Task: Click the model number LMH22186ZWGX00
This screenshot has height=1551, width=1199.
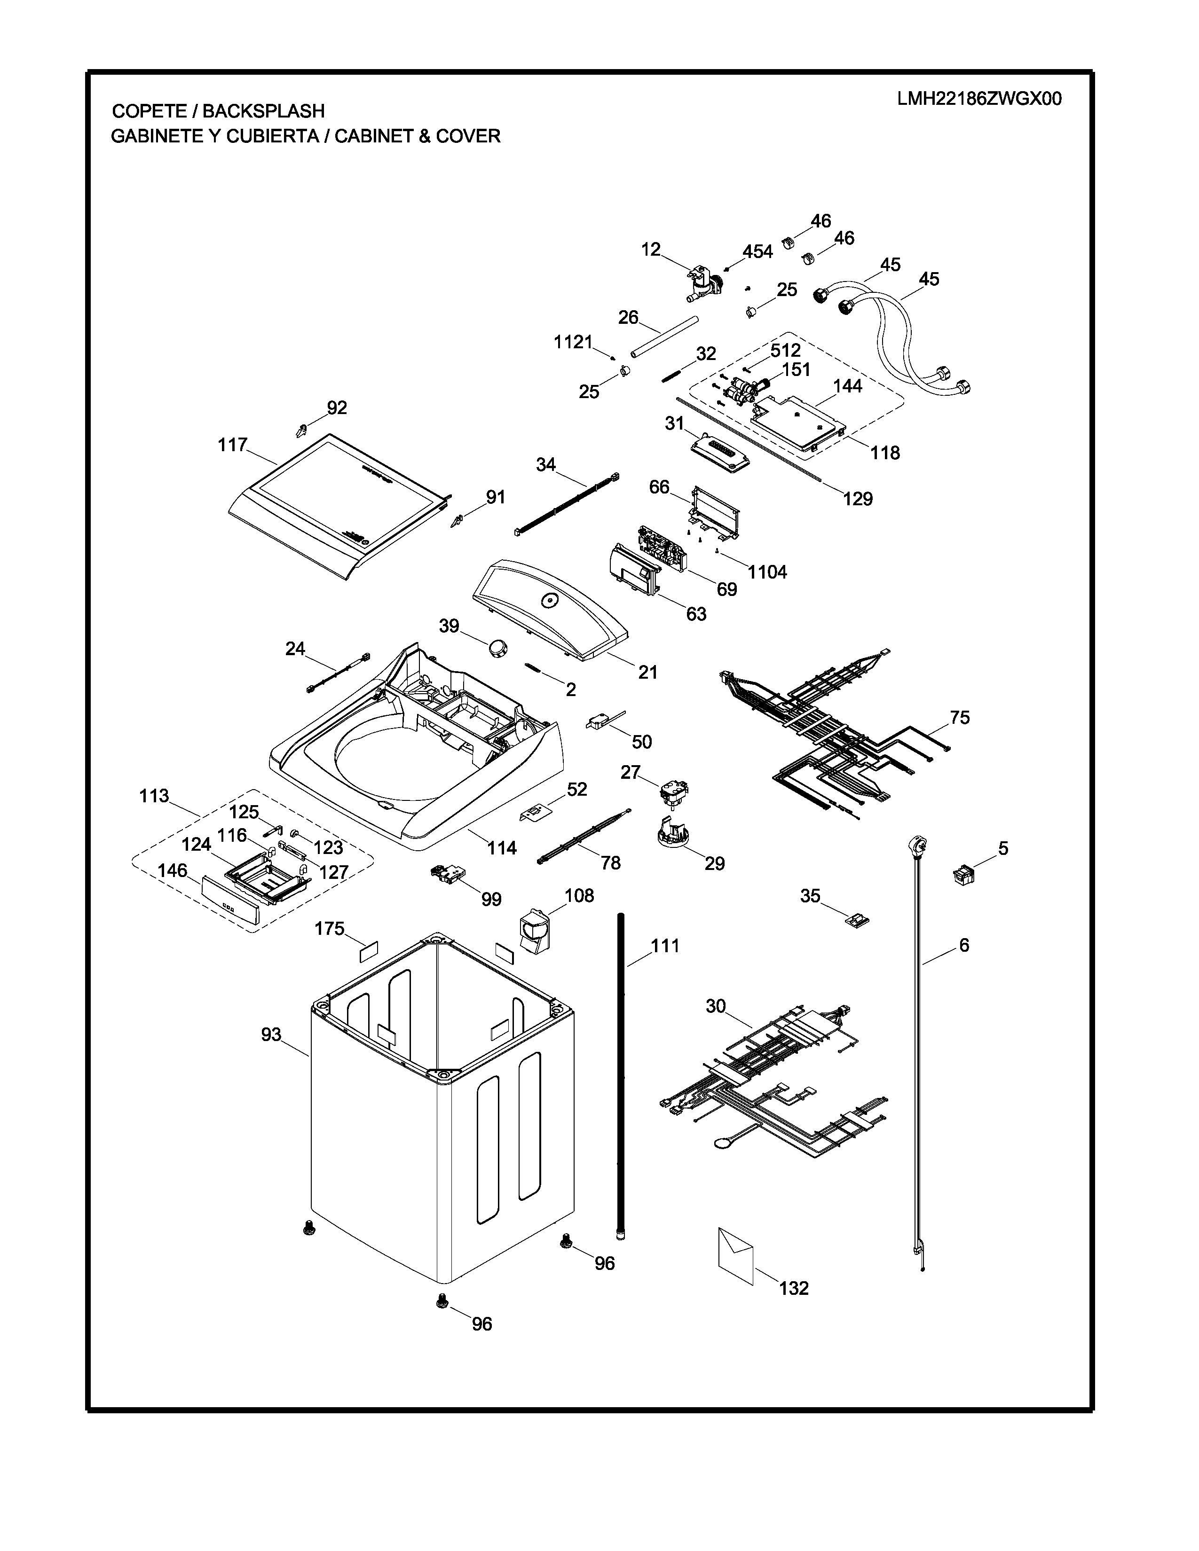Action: (x=979, y=99)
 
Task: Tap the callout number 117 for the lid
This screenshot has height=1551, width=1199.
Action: (x=232, y=445)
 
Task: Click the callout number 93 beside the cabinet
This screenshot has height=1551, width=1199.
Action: (x=271, y=1035)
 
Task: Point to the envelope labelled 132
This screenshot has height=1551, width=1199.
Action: (x=736, y=1256)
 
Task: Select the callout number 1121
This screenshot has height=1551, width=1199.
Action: (x=573, y=342)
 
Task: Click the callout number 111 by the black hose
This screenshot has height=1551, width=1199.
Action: (x=665, y=946)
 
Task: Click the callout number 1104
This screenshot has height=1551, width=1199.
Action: (x=768, y=572)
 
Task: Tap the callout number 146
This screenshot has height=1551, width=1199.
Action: (x=173, y=870)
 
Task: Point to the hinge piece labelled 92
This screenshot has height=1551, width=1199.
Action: (x=301, y=430)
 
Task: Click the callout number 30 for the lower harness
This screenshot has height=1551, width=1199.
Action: (x=716, y=1006)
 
